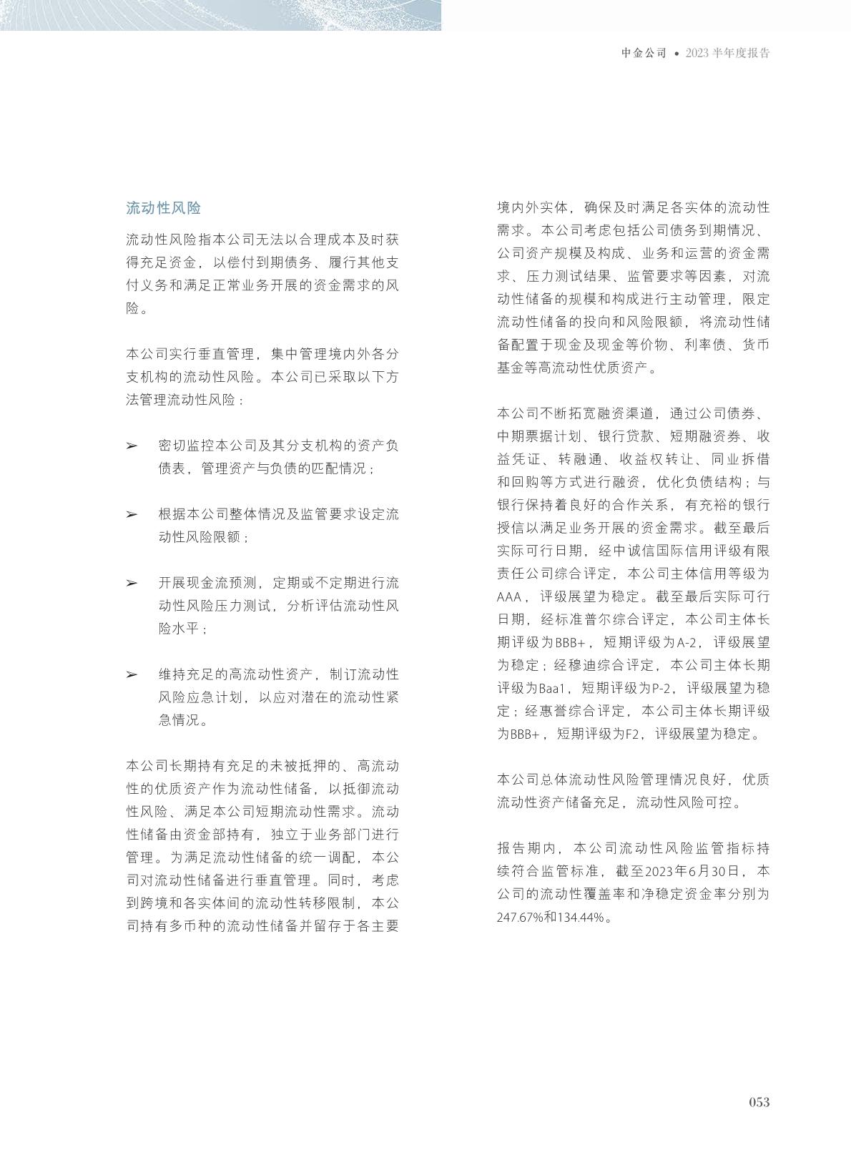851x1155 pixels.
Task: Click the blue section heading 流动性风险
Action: (x=163, y=208)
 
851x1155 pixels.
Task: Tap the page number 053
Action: (x=759, y=1102)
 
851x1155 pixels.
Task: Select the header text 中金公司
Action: (x=644, y=53)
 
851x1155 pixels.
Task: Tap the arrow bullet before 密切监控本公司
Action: (x=132, y=446)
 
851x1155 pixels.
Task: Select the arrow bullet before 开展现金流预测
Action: (x=132, y=583)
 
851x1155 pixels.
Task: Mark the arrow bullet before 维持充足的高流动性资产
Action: (x=132, y=674)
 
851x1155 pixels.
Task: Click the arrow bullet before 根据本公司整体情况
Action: (x=132, y=514)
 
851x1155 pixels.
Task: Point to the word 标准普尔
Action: (x=577, y=620)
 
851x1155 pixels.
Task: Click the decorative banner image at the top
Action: (x=220, y=14)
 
